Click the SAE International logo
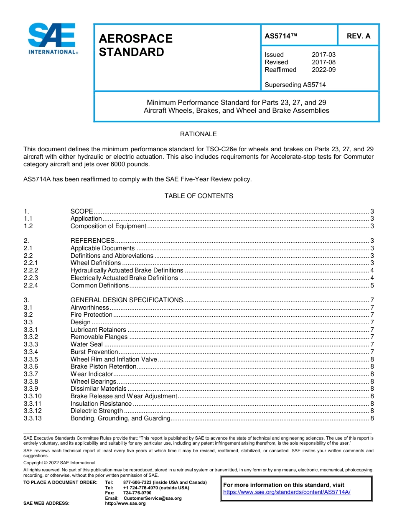[52, 39]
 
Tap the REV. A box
[358, 36]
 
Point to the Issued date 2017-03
[323, 55]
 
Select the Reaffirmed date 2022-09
[323, 70]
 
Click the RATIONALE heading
[198, 134]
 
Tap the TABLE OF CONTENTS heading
[198, 196]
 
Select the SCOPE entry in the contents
[81, 211]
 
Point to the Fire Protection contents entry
[91, 315]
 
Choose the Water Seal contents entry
[87, 344]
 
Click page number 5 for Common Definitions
[372, 285]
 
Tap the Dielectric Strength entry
[97, 411]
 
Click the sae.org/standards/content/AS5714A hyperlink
[287, 492]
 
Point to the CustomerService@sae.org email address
[153, 498]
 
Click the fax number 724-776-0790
[137, 493]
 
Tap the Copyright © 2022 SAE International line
[59, 463]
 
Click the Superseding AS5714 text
[295, 85]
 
